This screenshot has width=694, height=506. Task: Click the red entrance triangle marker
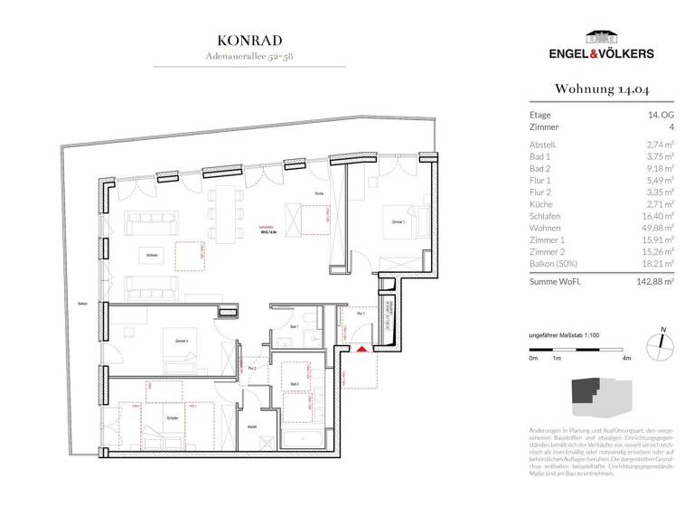tap(361, 349)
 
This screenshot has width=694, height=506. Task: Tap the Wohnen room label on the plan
tap(152, 256)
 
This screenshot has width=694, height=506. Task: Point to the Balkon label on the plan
tap(82, 303)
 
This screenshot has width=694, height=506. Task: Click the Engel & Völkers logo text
tap(601, 54)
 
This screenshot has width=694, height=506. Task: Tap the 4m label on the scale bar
tap(626, 359)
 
